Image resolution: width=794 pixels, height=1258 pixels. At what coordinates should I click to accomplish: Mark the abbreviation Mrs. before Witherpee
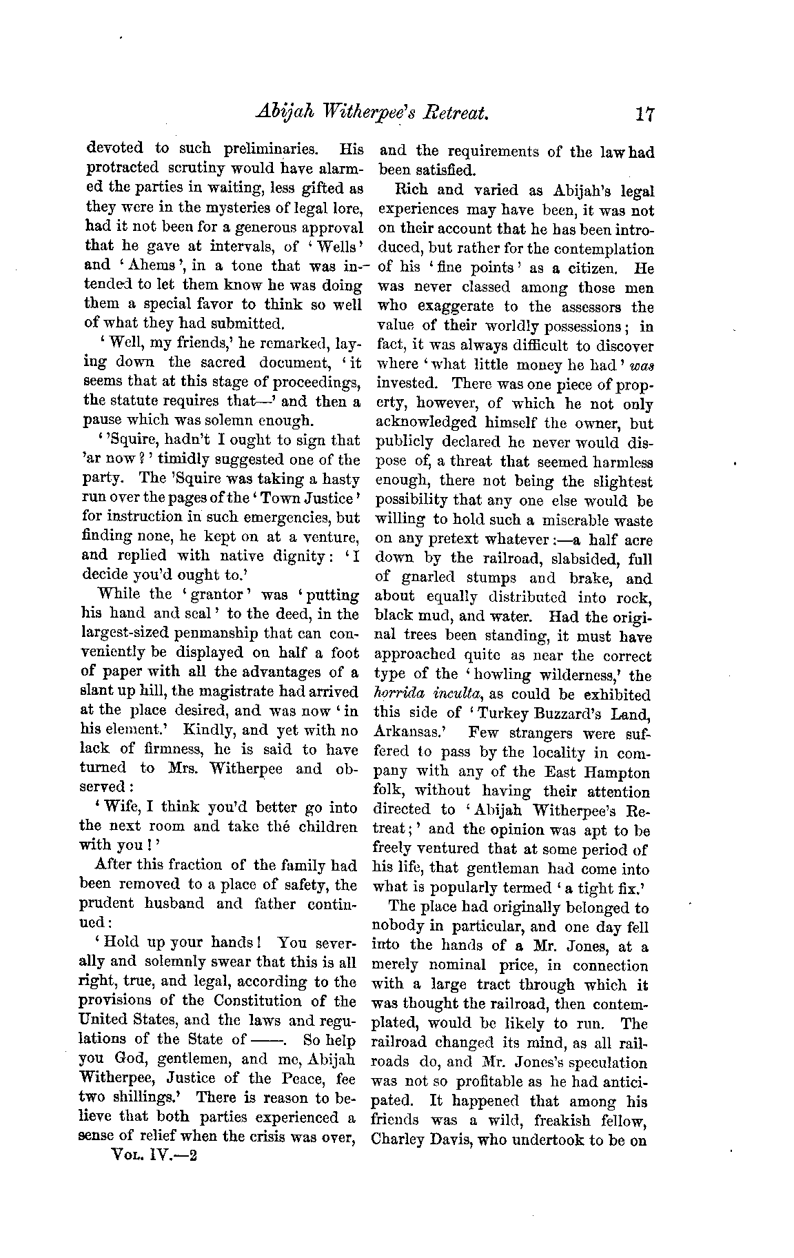point(183,768)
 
